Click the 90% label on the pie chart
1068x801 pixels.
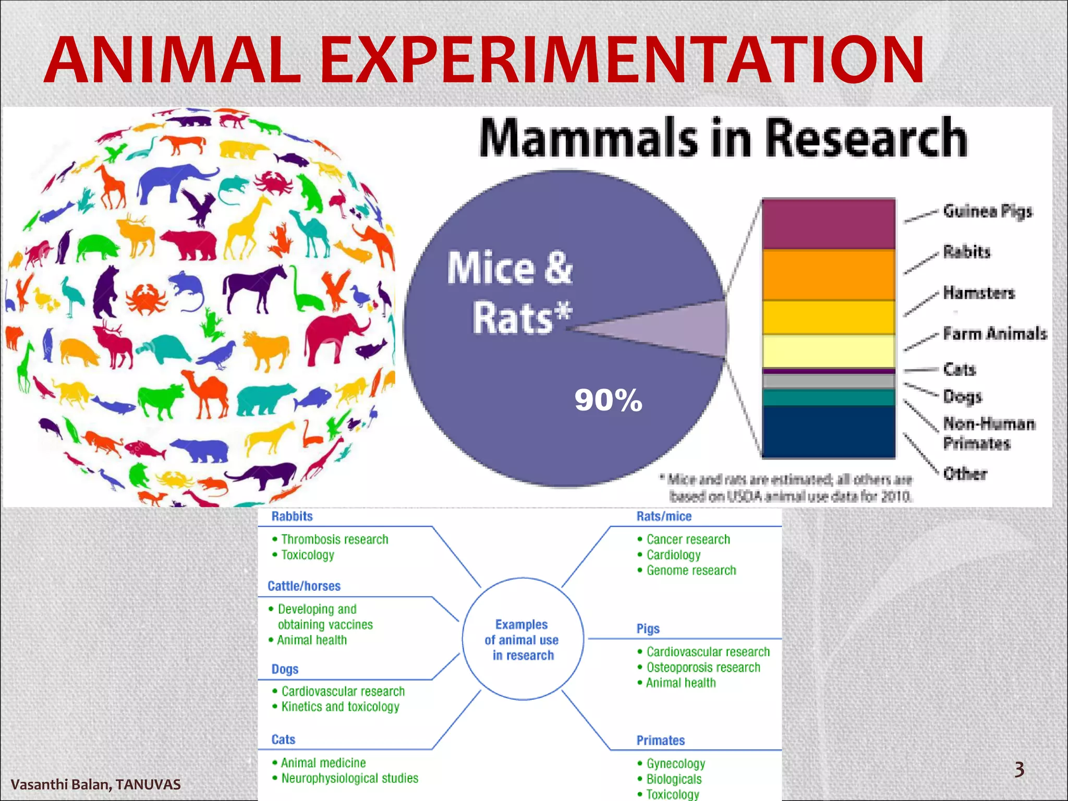[608, 400]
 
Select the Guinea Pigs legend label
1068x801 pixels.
[987, 211]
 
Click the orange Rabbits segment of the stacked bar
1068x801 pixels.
[828, 274]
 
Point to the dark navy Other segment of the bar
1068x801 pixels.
[828, 432]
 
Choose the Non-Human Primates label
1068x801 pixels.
[988, 433]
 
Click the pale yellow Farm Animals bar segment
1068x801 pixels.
[828, 351]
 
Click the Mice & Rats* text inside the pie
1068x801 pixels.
[510, 292]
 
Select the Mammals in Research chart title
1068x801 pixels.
[723, 138]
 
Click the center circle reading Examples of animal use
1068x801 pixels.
[523, 639]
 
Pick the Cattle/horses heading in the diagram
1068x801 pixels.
[304, 586]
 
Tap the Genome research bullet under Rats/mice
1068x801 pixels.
[690, 571]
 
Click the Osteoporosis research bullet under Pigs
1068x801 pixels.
[702, 667]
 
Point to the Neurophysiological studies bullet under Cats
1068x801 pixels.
[349, 779]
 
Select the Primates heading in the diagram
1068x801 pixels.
[660, 741]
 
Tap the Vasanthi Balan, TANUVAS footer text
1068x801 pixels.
[95, 784]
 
